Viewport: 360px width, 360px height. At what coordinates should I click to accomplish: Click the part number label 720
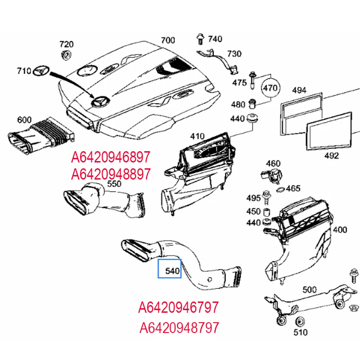click(x=66, y=44)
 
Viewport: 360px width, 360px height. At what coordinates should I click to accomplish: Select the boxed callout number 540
click(x=169, y=271)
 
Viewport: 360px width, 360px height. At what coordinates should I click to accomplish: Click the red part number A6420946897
click(x=111, y=157)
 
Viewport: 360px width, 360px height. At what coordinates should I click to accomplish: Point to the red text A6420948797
click(x=179, y=327)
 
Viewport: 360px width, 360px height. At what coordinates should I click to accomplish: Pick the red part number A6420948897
click(x=111, y=173)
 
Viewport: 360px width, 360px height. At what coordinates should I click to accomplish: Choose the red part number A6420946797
click(x=179, y=308)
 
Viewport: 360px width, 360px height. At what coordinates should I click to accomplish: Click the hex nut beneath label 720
click(x=66, y=56)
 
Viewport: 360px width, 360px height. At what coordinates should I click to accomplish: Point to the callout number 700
click(x=167, y=40)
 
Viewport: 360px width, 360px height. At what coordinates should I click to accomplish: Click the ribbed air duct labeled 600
click(x=40, y=137)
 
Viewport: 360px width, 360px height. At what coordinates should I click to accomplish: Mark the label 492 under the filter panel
click(x=331, y=156)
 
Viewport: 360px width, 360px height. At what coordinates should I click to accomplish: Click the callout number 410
click(x=197, y=136)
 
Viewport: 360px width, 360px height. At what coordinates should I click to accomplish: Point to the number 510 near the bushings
click(x=300, y=333)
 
